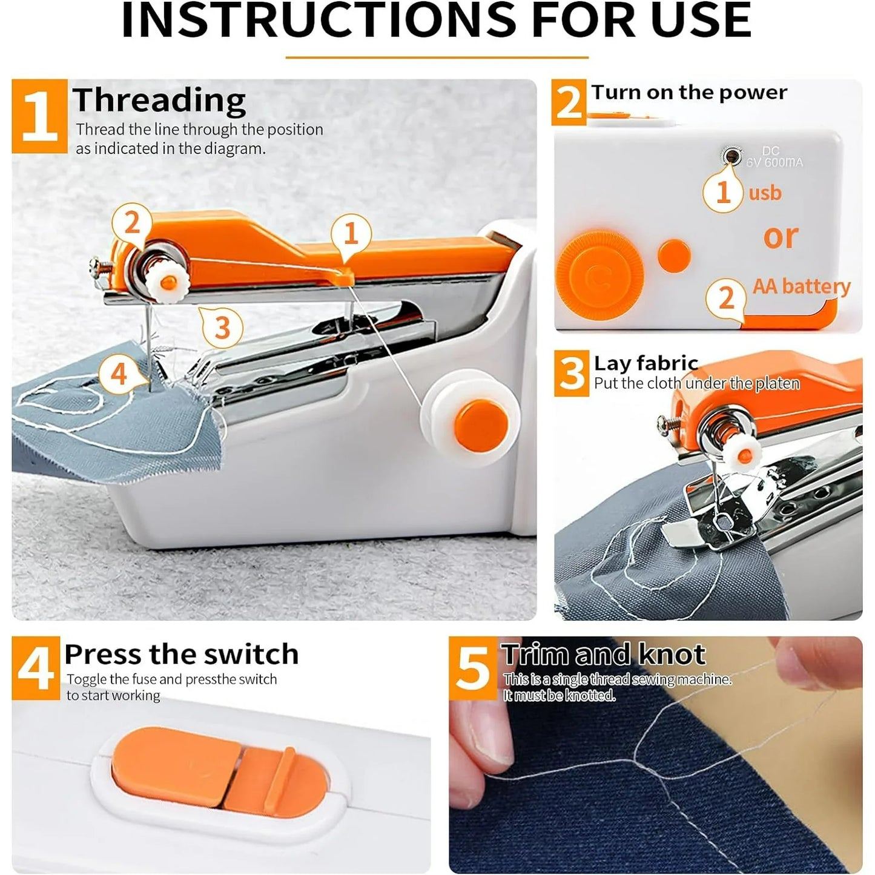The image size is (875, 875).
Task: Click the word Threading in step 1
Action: click(159, 101)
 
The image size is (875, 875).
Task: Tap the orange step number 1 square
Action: click(39, 116)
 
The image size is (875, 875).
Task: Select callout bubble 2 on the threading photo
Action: click(132, 223)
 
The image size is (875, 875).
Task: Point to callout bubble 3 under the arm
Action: click(222, 328)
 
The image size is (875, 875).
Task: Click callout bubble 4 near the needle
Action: click(119, 374)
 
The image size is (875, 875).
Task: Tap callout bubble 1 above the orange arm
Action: click(351, 234)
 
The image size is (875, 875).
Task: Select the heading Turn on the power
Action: click(688, 92)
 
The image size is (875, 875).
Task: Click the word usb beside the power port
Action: click(765, 193)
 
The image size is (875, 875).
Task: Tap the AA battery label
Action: click(801, 285)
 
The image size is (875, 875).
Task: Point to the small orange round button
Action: click(674, 255)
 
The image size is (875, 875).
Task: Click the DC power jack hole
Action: click(733, 157)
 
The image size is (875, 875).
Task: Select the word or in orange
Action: click(781, 236)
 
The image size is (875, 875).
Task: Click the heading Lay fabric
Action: click(646, 363)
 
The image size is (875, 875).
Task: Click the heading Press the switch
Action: click(182, 654)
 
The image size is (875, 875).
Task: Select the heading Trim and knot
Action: click(603, 655)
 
